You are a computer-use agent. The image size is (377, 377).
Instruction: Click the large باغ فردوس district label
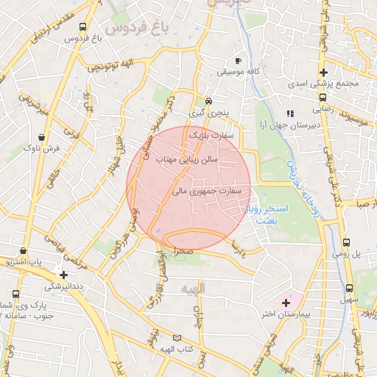pos(137,27)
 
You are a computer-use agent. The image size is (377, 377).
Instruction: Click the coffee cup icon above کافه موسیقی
pos(237,60)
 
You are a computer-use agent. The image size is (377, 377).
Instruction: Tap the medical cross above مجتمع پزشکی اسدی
pos(323,72)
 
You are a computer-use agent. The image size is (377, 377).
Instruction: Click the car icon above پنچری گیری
pos(208,101)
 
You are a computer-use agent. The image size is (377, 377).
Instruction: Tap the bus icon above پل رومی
pos(347,242)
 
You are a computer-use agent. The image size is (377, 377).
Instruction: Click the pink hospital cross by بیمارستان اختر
pos(286,302)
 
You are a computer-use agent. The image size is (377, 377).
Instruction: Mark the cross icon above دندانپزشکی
pos(64,275)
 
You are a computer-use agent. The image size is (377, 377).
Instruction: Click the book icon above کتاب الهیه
pos(175,337)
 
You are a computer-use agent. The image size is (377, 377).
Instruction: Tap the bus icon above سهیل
pos(347,288)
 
